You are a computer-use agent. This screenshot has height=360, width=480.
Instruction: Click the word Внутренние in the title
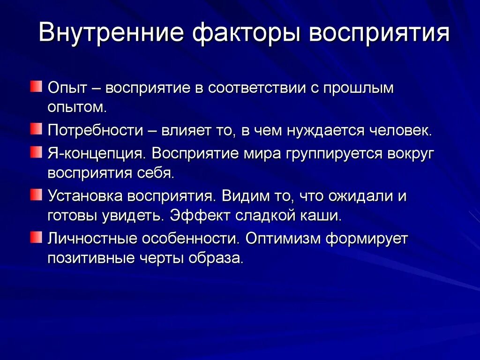click(111, 34)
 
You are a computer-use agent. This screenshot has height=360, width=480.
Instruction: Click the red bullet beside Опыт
click(37, 87)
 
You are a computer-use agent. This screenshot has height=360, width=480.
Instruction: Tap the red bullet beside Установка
click(37, 194)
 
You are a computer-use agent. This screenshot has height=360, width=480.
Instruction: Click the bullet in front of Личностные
click(37, 237)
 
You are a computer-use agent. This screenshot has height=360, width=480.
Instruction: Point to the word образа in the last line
click(219, 259)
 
